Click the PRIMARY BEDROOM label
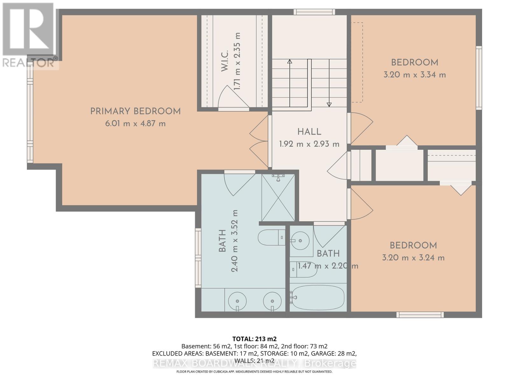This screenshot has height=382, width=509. (135, 111)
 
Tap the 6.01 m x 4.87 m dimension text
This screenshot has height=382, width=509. (135, 124)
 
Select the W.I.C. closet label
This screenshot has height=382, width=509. (225, 60)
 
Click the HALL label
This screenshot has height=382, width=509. (309, 132)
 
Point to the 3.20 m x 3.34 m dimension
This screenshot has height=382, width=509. (415, 75)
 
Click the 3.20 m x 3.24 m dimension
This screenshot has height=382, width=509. (413, 258)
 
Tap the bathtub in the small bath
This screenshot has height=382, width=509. (317, 298)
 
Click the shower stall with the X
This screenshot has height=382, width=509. (278, 197)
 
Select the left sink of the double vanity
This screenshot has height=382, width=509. (237, 301)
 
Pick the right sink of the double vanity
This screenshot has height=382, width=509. (272, 301)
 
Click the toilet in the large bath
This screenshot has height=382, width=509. (270, 237)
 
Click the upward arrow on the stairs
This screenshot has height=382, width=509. (289, 61)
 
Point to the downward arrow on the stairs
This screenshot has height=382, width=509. (329, 104)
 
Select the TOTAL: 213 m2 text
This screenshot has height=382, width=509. (254, 339)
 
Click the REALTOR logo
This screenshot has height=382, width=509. (29, 35)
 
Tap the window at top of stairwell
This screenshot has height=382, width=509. (314, 12)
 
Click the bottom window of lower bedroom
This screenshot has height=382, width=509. (420, 315)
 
